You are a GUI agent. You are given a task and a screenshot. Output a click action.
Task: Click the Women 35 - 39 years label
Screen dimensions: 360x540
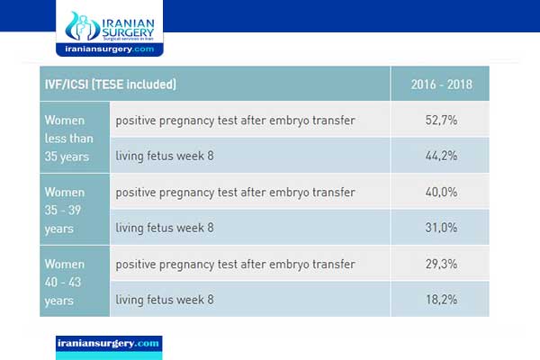tap(69, 210)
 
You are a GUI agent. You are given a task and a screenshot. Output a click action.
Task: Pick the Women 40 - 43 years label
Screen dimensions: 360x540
tap(71, 282)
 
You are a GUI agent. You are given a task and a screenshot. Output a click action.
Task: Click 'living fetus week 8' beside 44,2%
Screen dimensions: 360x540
tap(165, 156)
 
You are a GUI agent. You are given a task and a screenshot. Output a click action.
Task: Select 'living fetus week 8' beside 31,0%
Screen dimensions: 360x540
tap(165, 228)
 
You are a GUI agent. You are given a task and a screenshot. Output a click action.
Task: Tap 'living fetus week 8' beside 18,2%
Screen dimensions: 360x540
tap(165, 300)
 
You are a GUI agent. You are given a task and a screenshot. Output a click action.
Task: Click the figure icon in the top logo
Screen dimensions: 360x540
tap(82, 27)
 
